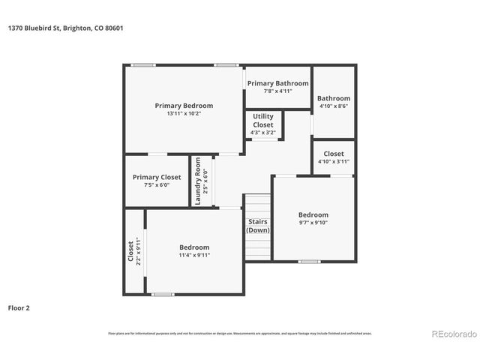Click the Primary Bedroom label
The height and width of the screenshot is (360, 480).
184,106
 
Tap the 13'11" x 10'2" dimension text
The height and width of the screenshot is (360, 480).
184,113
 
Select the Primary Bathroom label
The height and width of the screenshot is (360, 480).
277,83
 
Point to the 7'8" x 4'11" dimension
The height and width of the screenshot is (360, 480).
277,91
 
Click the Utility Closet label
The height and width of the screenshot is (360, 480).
262,121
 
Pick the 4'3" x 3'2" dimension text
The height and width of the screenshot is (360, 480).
262,133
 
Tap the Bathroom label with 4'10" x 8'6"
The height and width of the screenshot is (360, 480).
333,98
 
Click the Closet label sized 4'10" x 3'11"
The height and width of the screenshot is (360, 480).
333,153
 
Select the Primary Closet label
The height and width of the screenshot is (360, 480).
157,177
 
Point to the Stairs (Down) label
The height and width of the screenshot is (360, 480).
258,226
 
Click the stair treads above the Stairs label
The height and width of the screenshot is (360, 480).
258,205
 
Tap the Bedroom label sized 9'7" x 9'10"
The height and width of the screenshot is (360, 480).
313,214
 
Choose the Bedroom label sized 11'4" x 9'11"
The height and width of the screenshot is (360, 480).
193,247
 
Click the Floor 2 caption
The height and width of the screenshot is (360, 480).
19,307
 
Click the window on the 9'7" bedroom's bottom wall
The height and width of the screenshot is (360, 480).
308,262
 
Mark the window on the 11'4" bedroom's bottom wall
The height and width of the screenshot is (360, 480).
161,294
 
